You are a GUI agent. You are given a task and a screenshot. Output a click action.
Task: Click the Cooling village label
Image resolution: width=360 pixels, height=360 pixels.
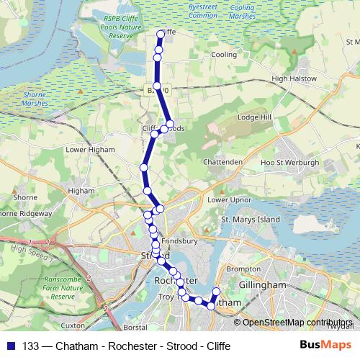(223, 55)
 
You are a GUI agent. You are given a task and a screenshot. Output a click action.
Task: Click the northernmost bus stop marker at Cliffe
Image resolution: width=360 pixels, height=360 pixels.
(161, 32)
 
